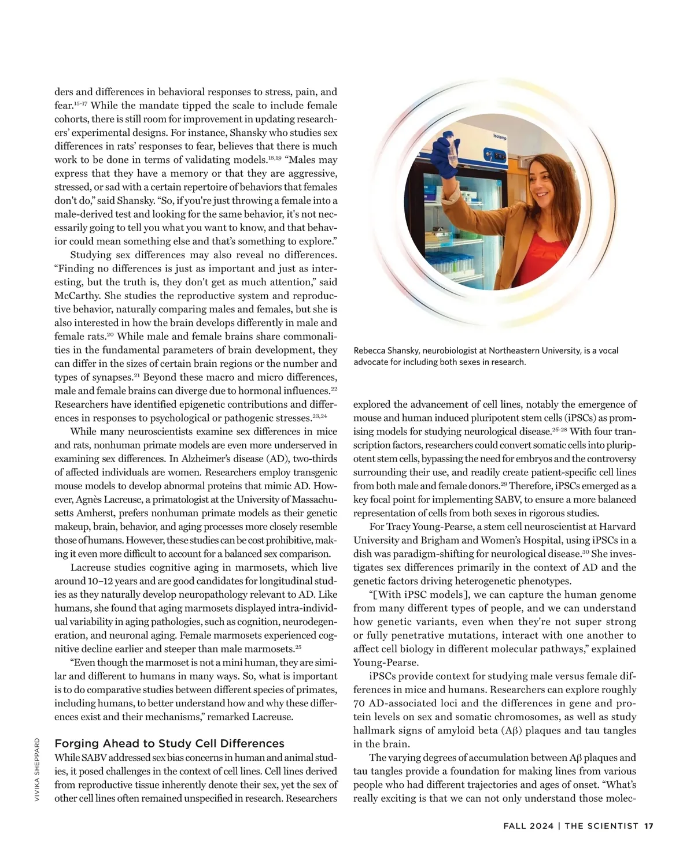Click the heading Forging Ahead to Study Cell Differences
169,743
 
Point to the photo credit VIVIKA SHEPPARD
36,769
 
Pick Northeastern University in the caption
527,351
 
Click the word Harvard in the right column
617,527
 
